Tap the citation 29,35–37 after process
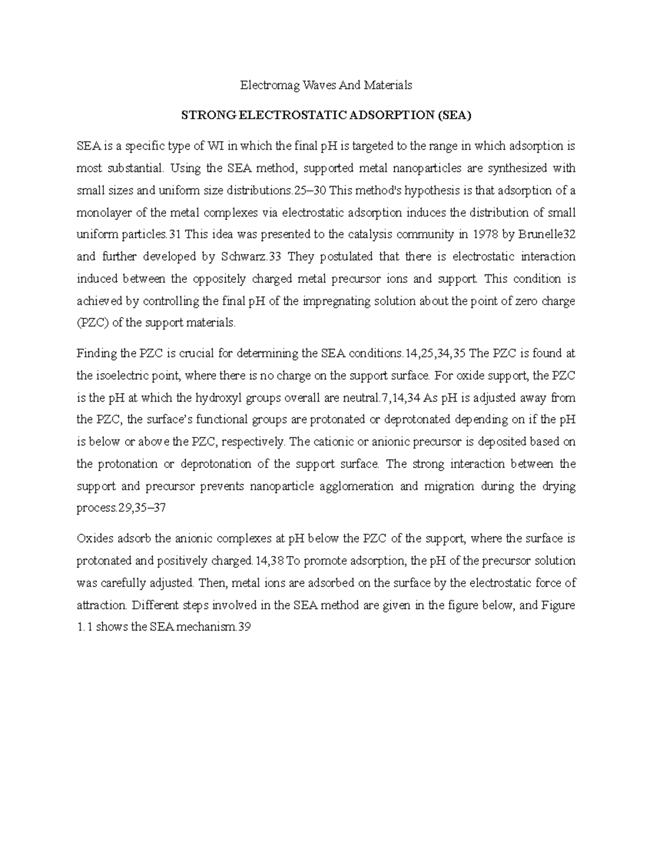pos(142,508)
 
